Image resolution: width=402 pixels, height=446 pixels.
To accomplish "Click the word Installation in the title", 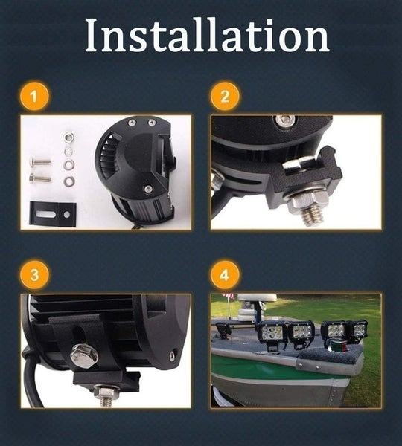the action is [x=207, y=36].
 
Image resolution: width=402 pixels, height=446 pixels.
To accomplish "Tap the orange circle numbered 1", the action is [x=34, y=97].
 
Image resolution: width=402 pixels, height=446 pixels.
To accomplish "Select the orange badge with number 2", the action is [x=225, y=97].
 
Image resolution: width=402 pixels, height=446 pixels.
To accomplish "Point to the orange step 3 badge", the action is [x=34, y=275].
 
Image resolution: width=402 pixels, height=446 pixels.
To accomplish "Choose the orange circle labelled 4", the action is [x=225, y=275].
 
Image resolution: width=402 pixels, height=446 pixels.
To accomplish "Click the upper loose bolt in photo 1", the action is [x=40, y=162].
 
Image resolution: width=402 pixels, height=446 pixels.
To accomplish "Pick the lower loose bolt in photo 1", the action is [x=40, y=178].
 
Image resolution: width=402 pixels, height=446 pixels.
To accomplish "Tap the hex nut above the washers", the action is [x=68, y=138].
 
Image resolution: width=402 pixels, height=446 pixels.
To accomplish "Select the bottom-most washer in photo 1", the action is [x=69, y=181].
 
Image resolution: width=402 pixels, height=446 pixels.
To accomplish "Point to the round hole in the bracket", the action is [x=67, y=215].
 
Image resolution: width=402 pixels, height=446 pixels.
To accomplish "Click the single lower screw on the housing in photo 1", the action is [x=147, y=188].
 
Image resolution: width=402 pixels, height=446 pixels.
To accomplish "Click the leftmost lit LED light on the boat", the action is [x=272, y=332].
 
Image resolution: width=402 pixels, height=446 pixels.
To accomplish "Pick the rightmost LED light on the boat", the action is [x=358, y=329].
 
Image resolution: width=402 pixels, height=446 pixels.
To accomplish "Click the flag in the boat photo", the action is [x=229, y=296].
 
